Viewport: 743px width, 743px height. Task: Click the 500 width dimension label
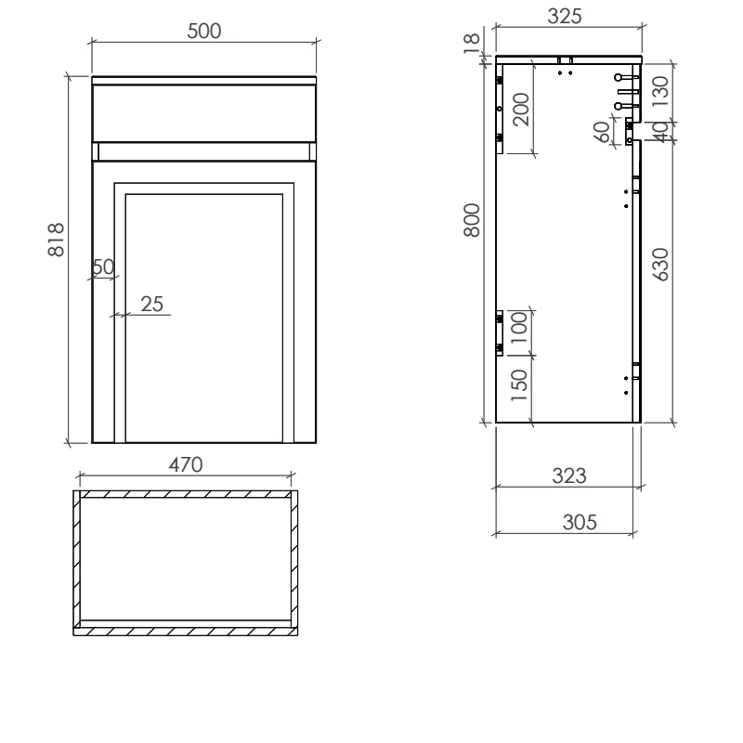point(203,32)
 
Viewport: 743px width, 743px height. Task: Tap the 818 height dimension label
point(56,240)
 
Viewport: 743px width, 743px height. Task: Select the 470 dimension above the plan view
point(186,465)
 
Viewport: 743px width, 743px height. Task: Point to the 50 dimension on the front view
point(103,267)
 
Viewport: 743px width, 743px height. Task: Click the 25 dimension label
point(151,305)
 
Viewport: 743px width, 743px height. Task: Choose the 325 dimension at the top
point(565,16)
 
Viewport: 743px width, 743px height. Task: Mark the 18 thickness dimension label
point(472,44)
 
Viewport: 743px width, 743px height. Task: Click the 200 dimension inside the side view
point(521,110)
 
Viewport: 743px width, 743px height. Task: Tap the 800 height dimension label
point(472,220)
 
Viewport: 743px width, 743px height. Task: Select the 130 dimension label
point(660,91)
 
